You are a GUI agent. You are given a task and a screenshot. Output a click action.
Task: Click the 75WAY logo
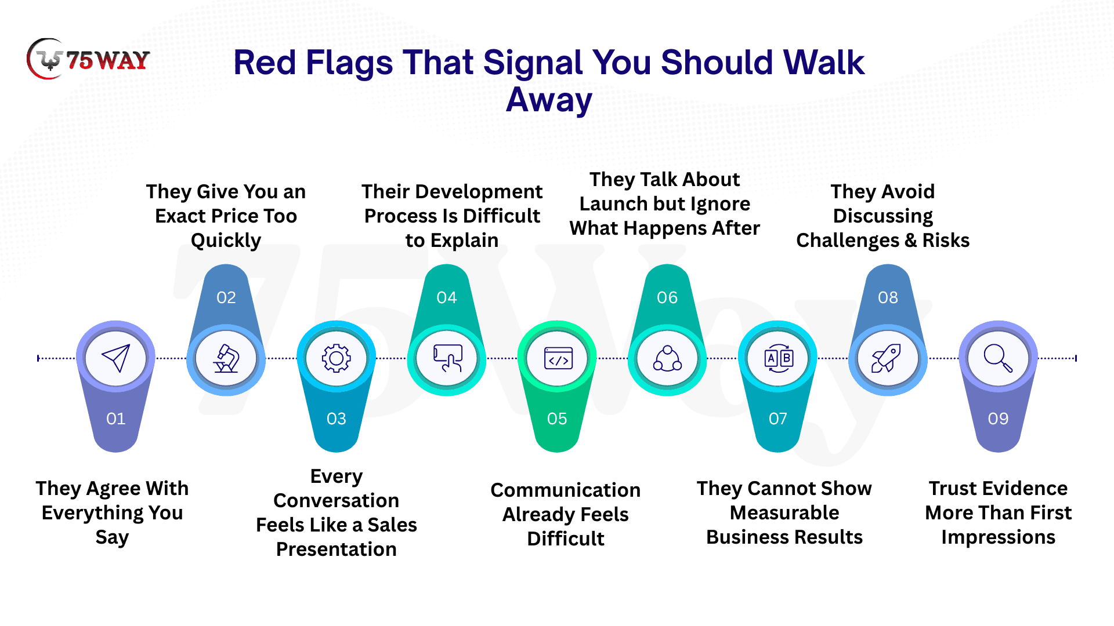(88, 59)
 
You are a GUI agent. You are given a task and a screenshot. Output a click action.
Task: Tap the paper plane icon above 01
(115, 358)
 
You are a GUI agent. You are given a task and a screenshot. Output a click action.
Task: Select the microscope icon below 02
(226, 358)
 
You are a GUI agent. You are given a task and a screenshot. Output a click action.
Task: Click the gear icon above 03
(337, 358)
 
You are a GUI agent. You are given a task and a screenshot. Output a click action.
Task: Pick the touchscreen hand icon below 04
(447, 358)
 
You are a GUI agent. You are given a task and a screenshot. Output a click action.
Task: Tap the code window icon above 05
(558, 358)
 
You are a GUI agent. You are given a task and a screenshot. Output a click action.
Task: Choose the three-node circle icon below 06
(667, 358)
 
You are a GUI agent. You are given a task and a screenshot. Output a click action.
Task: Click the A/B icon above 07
(779, 358)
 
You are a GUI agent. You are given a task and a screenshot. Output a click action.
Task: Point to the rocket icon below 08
(886, 358)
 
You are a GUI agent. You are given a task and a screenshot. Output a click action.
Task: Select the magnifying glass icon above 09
(998, 358)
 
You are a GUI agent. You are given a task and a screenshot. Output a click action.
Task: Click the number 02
(226, 297)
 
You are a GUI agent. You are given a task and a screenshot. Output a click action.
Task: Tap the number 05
(557, 418)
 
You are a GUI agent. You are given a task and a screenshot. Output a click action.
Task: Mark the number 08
(888, 297)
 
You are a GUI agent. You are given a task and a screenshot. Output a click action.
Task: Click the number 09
(998, 418)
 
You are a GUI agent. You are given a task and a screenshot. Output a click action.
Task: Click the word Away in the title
(549, 100)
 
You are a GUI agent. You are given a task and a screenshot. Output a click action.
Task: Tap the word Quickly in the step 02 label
(226, 241)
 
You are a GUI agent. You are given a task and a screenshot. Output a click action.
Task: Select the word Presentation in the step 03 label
(337, 549)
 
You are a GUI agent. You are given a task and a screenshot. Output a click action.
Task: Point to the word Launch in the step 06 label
(613, 204)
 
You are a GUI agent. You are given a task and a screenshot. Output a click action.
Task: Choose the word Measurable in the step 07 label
(784, 512)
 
